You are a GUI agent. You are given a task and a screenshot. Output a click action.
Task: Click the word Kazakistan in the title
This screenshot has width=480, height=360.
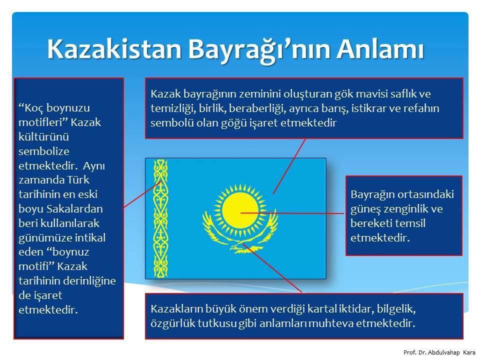coord(114,49)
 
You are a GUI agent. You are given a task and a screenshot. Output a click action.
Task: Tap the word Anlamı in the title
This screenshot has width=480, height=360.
coord(380,49)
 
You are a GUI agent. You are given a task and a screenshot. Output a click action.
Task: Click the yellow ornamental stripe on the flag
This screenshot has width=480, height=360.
coord(160,218)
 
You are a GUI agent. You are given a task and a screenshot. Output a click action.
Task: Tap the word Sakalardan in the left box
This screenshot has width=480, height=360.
coord(74,209)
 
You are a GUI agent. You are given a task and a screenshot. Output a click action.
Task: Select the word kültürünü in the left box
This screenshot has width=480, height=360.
coord(43,136)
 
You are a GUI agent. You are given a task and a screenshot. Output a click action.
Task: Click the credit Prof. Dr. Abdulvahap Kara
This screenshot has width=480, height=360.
coord(439,352)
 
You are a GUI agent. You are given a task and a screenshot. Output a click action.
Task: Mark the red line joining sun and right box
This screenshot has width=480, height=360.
coord(292,213)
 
